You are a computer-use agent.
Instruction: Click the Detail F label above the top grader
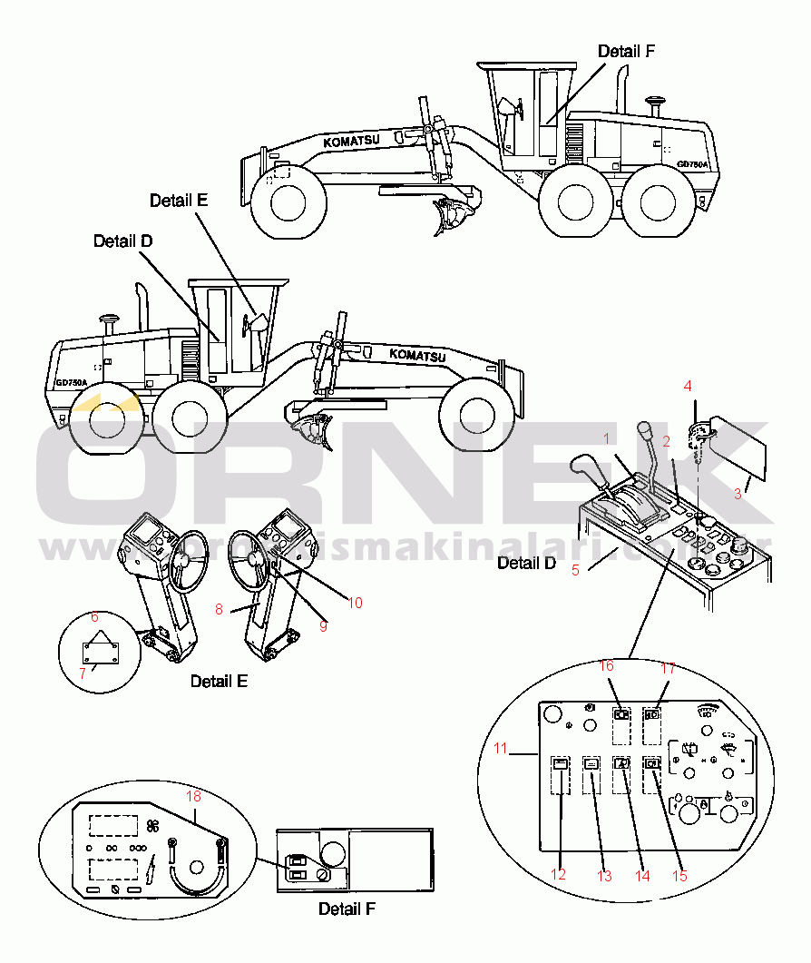625,52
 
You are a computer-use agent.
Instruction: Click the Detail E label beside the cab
179,201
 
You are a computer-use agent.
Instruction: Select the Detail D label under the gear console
526,564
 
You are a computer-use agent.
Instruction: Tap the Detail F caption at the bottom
347,909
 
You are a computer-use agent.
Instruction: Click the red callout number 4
688,386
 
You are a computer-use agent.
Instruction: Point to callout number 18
192,796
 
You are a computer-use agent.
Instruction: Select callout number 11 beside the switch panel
501,749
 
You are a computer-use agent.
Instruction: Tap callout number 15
680,876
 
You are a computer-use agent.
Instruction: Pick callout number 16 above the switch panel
607,667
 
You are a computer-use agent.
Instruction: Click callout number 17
669,668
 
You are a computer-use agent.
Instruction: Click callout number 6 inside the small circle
94,617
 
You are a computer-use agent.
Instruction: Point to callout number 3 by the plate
738,494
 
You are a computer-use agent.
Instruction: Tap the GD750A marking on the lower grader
71,382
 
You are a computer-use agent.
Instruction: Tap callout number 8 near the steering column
219,610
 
